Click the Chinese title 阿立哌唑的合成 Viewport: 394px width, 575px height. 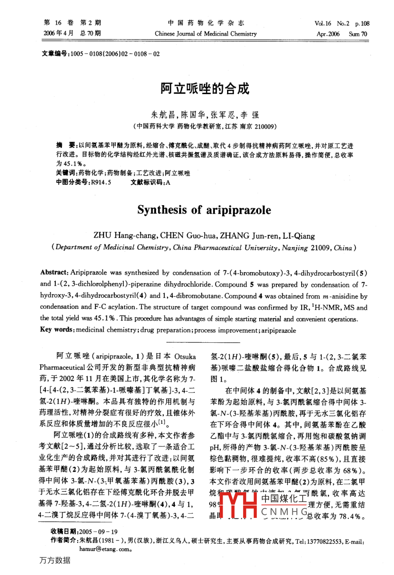coord(204,89)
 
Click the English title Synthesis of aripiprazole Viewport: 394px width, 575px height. coord(204,210)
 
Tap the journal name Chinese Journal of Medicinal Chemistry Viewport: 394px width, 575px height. coord(206,34)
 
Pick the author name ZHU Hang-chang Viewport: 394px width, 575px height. coord(125,236)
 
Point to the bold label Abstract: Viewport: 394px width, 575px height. coord(54,272)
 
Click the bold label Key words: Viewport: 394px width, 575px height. coord(57,330)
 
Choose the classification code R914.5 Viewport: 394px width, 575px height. coord(101,183)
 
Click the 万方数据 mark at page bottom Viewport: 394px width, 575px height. coord(54,560)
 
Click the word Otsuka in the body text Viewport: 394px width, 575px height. coord(184,356)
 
